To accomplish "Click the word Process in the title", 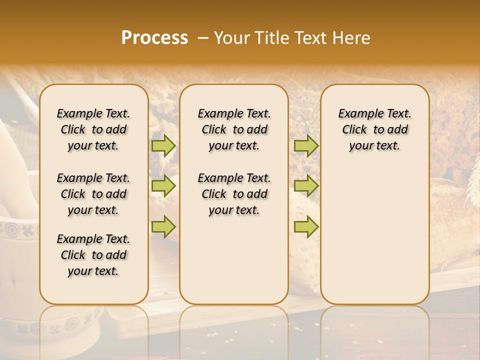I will click(154, 38).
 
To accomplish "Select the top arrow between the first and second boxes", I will click(163, 145).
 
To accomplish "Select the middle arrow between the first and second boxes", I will click(163, 186).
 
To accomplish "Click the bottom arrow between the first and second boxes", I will click(163, 226).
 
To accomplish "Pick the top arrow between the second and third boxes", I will click(306, 145).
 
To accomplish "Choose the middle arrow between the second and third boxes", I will click(306, 186).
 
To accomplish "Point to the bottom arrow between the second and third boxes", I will click(306, 226).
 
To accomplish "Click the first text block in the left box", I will click(93, 129).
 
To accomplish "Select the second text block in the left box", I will click(93, 194).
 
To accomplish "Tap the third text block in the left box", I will click(93, 255).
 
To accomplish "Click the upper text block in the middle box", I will click(234, 129).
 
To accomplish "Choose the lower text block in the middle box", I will click(234, 194).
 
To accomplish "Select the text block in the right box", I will click(374, 129).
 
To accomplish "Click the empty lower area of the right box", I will click(374, 235).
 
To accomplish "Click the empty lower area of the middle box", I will click(234, 260).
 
